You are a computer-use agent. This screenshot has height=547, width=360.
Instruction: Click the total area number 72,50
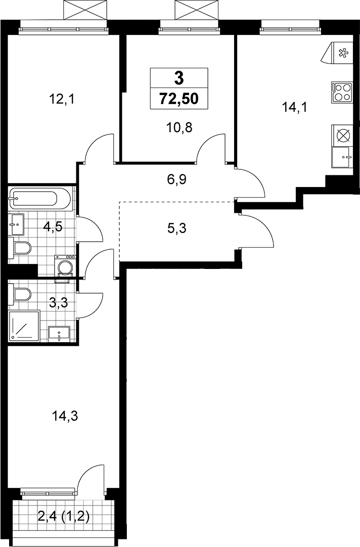(179, 99)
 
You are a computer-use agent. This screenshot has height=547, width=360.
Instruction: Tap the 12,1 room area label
(62, 100)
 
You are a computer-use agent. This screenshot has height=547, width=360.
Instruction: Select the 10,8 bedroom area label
(179, 128)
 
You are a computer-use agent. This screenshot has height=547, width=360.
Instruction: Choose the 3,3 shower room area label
(58, 303)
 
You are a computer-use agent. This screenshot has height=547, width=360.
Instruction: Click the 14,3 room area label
(64, 416)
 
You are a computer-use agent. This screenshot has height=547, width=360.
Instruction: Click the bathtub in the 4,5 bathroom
(39, 199)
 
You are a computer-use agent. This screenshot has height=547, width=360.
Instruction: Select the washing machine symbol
(65, 266)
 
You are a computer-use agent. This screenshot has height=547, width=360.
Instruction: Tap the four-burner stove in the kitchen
(341, 92)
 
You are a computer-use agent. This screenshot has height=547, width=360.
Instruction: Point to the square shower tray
(24, 325)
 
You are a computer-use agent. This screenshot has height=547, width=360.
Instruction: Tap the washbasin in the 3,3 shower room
(59, 334)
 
